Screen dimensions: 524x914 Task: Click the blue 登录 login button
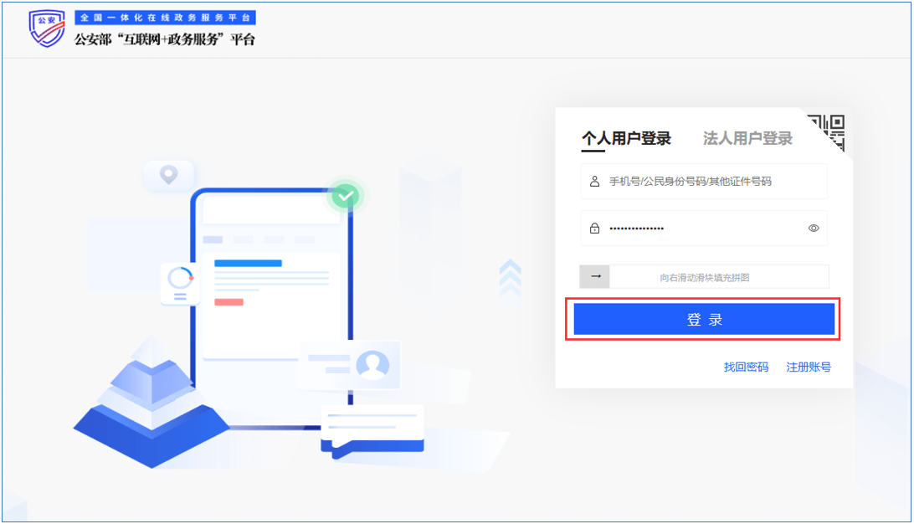tap(704, 320)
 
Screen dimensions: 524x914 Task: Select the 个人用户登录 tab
tap(626, 139)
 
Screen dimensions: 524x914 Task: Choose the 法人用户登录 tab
tap(747, 139)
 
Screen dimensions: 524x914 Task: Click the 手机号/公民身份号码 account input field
tap(703, 181)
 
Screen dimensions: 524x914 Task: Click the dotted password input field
tap(695, 228)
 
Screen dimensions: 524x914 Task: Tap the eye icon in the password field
tap(814, 228)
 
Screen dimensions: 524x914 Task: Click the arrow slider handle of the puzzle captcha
tap(595, 276)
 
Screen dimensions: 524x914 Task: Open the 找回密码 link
tap(746, 367)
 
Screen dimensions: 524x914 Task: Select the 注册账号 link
tap(809, 367)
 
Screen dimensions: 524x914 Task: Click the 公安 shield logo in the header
tap(47, 29)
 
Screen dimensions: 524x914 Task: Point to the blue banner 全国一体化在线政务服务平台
tap(165, 18)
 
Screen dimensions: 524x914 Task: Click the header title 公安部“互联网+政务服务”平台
tap(165, 39)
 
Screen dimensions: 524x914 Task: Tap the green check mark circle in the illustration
tap(346, 196)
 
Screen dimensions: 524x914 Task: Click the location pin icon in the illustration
tap(169, 175)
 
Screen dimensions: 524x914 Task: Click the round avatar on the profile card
tap(372, 365)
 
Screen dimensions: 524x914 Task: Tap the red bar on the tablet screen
tap(228, 301)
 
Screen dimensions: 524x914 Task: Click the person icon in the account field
tap(594, 181)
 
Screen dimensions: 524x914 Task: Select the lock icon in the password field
tap(594, 228)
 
